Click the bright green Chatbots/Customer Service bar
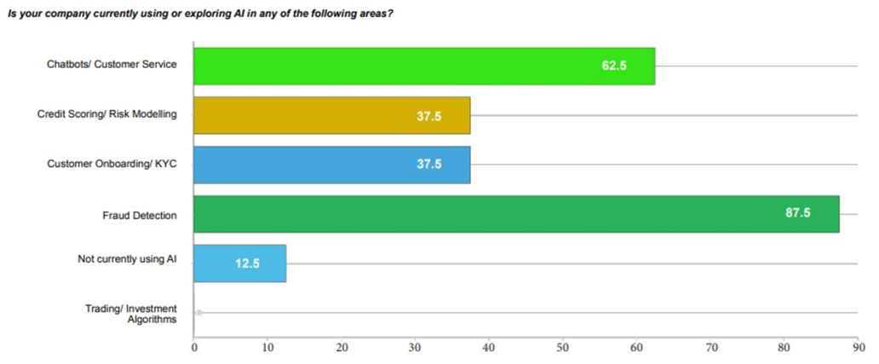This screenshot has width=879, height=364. [423, 66]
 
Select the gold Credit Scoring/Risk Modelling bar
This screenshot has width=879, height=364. [331, 115]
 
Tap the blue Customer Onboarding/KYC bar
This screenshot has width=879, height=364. [331, 165]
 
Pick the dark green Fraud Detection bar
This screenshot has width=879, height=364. [516, 214]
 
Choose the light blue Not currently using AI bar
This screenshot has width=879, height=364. [239, 263]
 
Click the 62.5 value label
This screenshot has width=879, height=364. [614, 66]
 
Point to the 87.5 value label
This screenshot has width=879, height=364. [798, 214]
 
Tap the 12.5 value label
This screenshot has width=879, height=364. [248, 263]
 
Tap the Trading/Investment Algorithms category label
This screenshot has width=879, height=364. [130, 314]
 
